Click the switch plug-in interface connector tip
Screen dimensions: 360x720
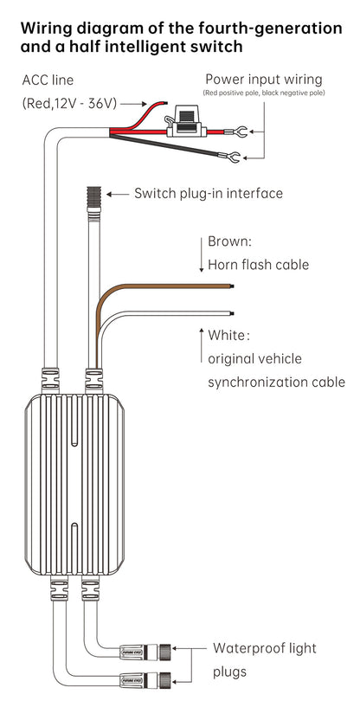point(93,197)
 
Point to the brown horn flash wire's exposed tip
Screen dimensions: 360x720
point(232,286)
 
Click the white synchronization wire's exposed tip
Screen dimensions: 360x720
point(232,313)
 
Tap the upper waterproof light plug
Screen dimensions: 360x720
point(145,651)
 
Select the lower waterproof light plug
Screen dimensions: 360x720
point(145,678)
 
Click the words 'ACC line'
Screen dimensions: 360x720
point(48,80)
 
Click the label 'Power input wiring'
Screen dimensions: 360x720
point(264,80)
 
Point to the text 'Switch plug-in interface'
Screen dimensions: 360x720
point(209,193)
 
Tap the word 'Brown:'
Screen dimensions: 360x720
point(229,241)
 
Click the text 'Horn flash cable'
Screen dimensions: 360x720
point(259,265)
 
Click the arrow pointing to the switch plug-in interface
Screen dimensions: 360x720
point(118,194)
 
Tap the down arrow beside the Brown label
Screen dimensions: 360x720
point(201,254)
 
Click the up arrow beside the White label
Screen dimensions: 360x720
point(201,344)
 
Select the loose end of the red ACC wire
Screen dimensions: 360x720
point(164,102)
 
